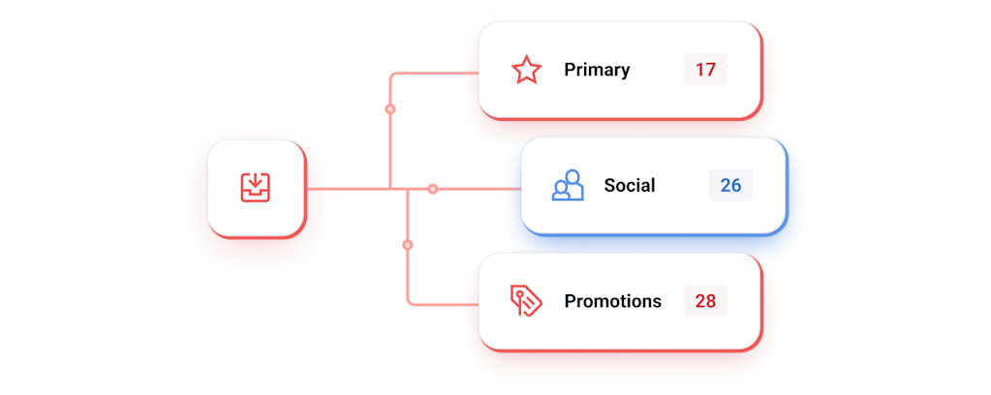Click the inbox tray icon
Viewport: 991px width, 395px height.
coord(256,187)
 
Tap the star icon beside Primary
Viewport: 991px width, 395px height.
coord(526,70)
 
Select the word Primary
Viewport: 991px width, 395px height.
coord(597,70)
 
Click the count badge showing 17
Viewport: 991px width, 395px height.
coord(704,70)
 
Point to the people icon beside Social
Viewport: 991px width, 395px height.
coord(568,185)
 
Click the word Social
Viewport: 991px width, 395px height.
coord(630,185)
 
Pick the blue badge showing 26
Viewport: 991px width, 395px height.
coord(730,185)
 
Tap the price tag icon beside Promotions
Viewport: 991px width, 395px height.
coord(526,301)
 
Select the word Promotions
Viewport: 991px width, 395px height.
coord(612,301)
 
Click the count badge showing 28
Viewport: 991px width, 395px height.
coord(704,301)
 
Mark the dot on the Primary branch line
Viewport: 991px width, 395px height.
coord(389,109)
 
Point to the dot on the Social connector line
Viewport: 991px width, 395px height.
coord(433,188)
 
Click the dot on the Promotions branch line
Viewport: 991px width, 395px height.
coord(407,245)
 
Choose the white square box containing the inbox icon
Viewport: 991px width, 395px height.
coord(256,188)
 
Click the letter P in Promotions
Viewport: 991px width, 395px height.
coord(570,301)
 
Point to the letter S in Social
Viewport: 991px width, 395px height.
coord(609,185)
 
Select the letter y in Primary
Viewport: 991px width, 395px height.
coord(625,72)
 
